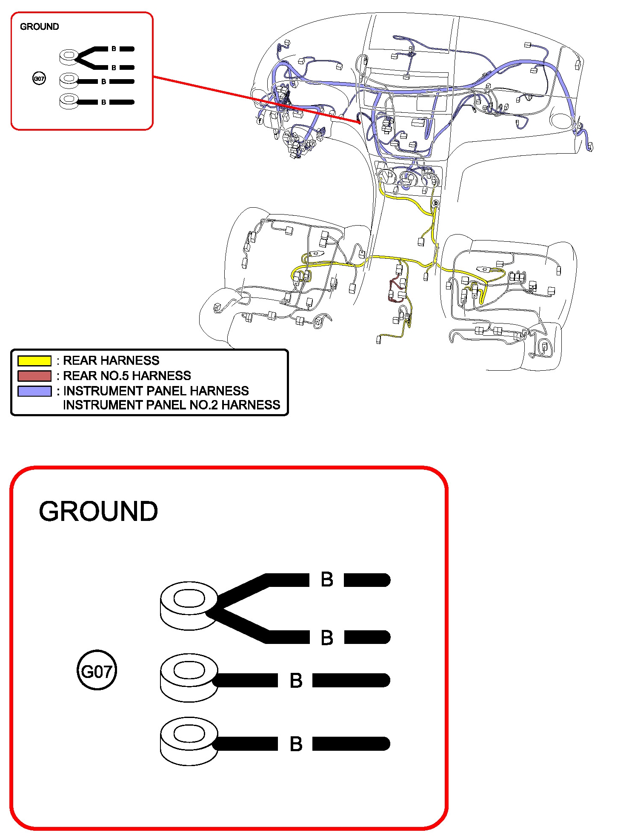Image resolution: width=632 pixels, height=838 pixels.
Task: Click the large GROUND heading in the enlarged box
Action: [98, 511]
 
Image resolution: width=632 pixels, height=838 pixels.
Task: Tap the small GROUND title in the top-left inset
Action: [40, 27]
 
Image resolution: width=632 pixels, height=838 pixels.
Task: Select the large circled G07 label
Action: [97, 672]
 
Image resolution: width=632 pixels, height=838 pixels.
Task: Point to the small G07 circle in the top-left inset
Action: [39, 78]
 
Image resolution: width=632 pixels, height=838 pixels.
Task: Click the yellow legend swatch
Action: [34, 361]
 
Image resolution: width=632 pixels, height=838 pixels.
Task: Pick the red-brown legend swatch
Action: [34, 376]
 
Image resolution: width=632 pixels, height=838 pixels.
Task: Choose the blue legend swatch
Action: [34, 391]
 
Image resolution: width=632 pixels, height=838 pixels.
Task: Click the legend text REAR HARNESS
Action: [111, 360]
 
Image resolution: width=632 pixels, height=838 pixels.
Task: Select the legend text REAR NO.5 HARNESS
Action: [127, 376]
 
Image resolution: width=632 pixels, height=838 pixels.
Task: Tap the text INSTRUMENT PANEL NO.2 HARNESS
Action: [172, 405]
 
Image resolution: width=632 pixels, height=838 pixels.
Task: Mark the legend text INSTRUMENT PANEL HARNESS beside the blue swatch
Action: [156, 391]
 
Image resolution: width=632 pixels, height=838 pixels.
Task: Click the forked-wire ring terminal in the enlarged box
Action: [189, 604]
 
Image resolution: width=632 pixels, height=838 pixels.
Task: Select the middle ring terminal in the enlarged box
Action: [189, 677]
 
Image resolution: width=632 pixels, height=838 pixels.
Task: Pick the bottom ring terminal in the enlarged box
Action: [189, 741]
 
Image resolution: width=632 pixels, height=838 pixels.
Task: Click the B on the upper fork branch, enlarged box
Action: [327, 580]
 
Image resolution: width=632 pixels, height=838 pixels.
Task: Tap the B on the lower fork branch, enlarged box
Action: [327, 638]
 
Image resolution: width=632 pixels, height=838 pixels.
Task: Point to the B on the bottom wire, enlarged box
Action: [296, 744]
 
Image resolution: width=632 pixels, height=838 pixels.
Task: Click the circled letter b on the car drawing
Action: [435, 203]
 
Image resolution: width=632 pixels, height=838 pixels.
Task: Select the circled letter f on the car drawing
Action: [260, 121]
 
